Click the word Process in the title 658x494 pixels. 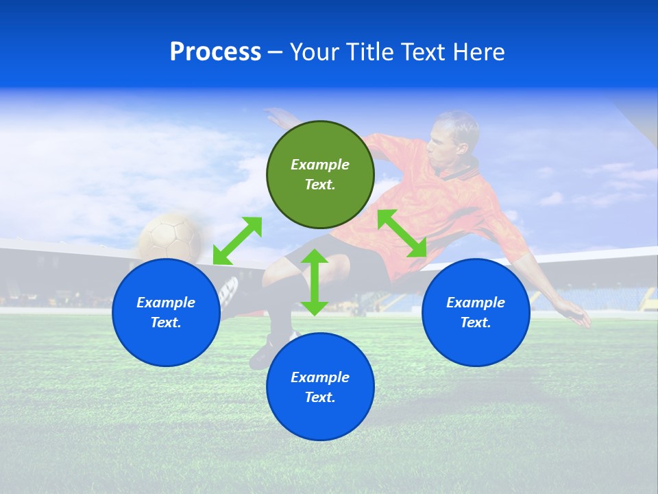click(215, 52)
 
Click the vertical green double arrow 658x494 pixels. click(315, 282)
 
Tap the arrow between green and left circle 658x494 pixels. click(237, 240)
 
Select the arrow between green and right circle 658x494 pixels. click(402, 233)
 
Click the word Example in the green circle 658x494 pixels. click(320, 165)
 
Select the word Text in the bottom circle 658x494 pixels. click(320, 397)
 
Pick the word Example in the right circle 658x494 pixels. click(476, 303)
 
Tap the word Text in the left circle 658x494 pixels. click(166, 322)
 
